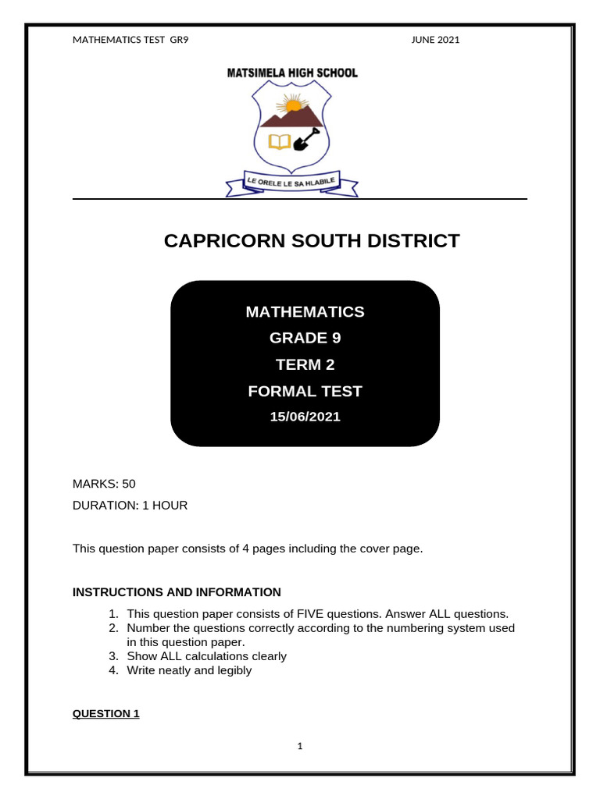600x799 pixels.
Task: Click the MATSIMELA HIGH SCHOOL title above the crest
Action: click(x=292, y=73)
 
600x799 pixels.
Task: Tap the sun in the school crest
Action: click(x=293, y=104)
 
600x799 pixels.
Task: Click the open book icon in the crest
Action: click(x=279, y=141)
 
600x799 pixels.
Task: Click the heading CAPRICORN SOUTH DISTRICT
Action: click(x=312, y=241)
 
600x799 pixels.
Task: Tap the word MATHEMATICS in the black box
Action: click(x=305, y=312)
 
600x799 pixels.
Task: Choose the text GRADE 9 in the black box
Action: click(x=305, y=339)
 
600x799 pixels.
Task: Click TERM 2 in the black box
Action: click(x=305, y=364)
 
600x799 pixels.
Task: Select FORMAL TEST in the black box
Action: click(x=305, y=391)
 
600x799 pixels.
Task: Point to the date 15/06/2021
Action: click(x=305, y=417)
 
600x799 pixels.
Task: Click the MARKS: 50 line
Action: click(x=104, y=484)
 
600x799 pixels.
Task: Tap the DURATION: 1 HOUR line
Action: click(x=130, y=505)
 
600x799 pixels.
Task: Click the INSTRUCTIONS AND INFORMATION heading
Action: click(x=177, y=592)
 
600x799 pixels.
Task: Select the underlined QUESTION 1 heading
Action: click(x=105, y=713)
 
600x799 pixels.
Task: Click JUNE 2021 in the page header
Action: click(x=435, y=40)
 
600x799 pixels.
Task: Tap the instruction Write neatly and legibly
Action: click(x=189, y=670)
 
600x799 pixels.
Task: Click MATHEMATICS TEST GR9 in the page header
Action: click(x=130, y=40)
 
